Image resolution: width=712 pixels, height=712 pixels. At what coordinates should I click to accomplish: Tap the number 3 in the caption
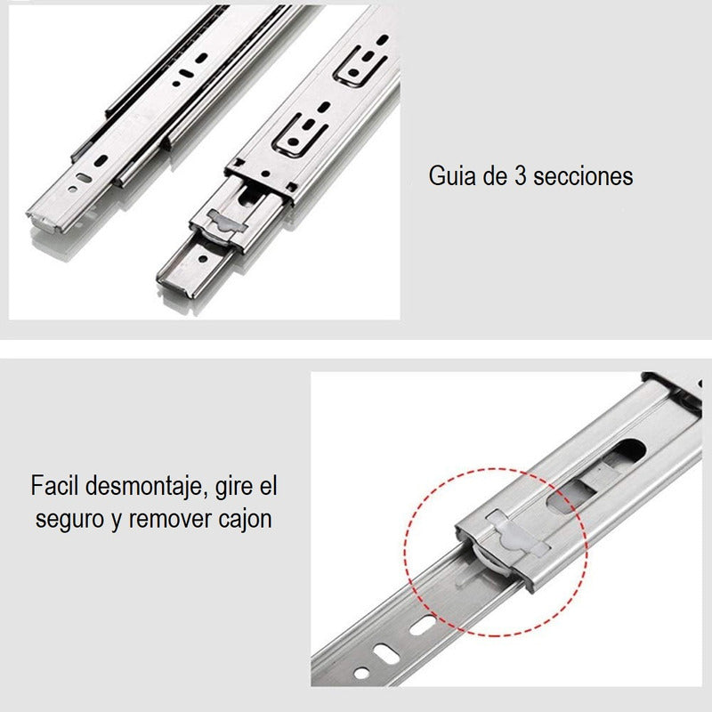point(520,176)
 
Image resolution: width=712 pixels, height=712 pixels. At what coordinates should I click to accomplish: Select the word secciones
point(583,176)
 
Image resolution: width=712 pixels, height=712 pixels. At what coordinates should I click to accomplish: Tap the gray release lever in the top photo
point(226,223)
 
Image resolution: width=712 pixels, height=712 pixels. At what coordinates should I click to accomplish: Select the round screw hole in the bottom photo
point(361,673)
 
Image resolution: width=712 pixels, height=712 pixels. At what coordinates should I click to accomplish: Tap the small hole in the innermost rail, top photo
point(203,259)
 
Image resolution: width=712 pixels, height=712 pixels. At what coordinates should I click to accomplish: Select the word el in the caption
point(269,485)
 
